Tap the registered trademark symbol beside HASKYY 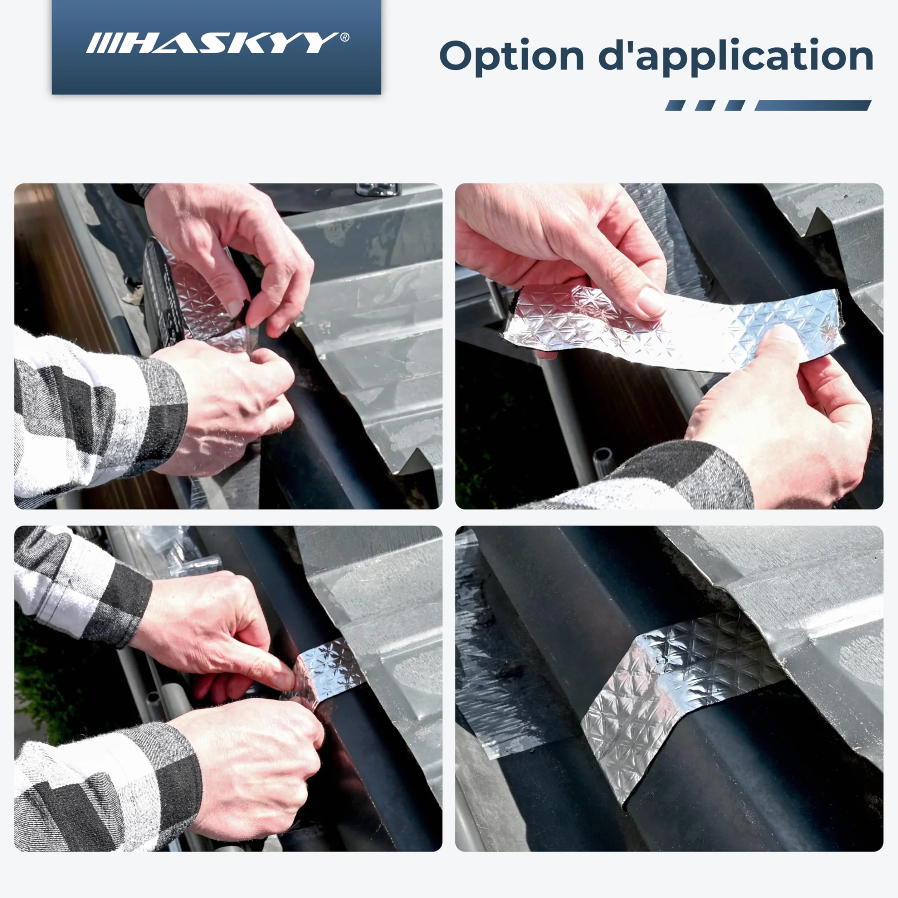coord(345,37)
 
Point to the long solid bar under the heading coord(812,106)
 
